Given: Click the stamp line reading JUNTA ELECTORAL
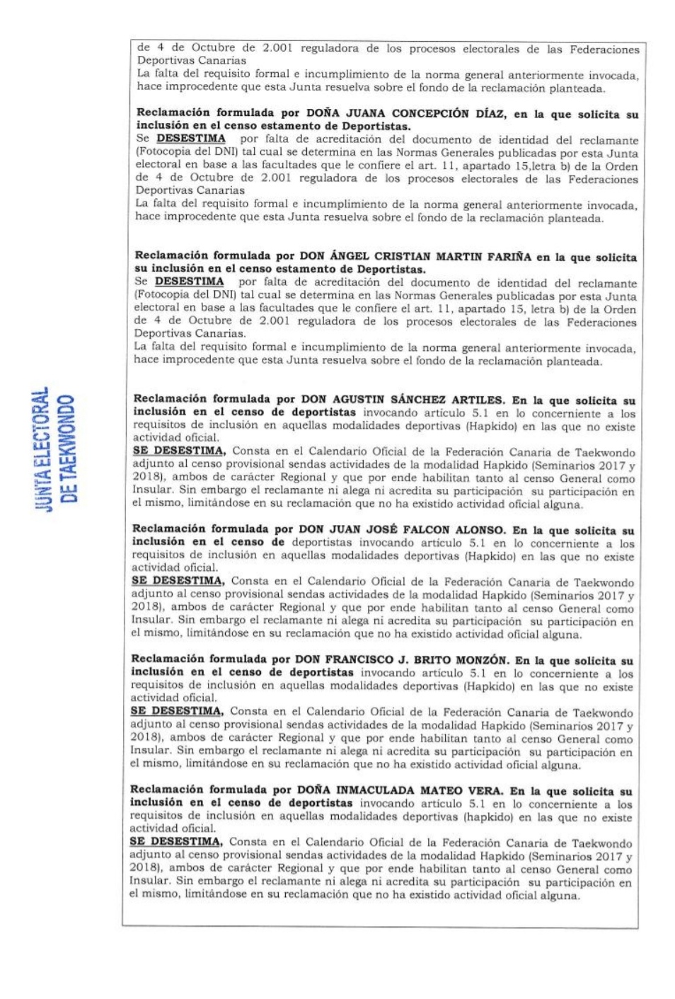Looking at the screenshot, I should click(x=44, y=449).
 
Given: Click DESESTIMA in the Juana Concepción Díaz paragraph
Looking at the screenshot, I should click(x=190, y=139).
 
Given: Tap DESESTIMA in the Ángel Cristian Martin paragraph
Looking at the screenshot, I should click(x=189, y=282).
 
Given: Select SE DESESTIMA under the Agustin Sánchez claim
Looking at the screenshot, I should click(x=179, y=451).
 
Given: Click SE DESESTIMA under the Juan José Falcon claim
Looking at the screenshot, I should click(x=178, y=581).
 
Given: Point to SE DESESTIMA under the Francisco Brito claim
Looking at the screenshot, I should click(x=177, y=711).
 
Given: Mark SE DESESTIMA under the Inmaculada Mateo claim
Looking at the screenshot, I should click(x=175, y=841).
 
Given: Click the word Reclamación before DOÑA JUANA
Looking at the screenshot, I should click(x=173, y=112).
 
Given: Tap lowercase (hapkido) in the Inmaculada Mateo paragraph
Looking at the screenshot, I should click(x=487, y=817).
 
